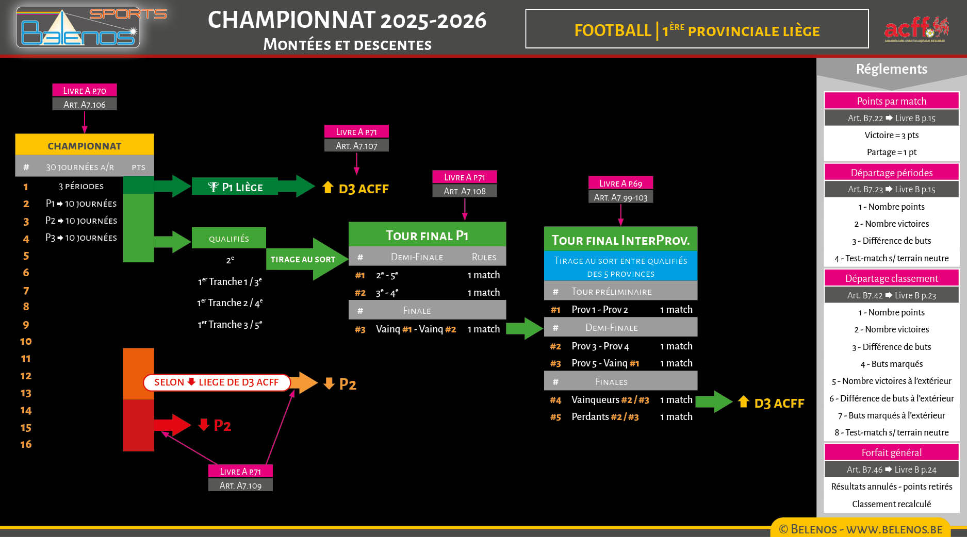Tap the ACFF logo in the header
click(x=916, y=29)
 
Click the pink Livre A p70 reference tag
click(x=85, y=90)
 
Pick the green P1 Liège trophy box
click(x=234, y=187)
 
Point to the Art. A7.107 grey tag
click(x=356, y=145)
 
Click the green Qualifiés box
click(x=229, y=238)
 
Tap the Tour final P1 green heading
click(x=427, y=235)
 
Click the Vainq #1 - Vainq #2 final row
click(x=427, y=329)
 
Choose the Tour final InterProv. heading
click(x=620, y=240)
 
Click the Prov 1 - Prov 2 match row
click(x=621, y=309)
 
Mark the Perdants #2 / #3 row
click(x=621, y=416)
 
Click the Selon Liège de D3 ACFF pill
click(x=216, y=382)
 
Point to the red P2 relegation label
click(x=215, y=425)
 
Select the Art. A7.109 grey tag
click(x=240, y=485)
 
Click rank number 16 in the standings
click(x=26, y=444)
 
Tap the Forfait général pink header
click(x=891, y=452)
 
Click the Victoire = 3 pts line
click(x=891, y=135)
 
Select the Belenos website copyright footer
click(x=860, y=529)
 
